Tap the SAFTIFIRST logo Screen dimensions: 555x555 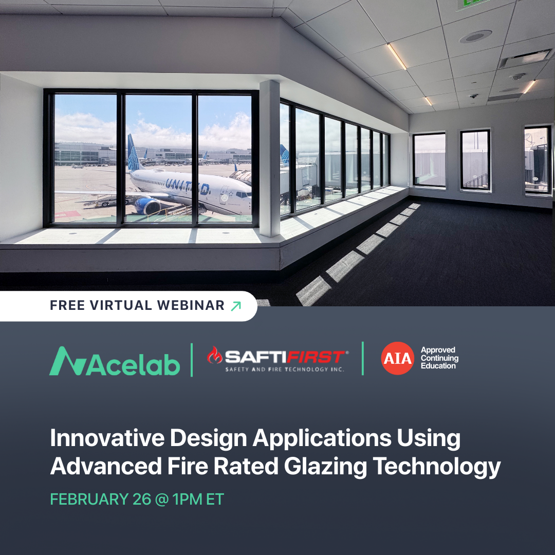[277, 358]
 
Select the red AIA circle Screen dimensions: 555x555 [397, 358]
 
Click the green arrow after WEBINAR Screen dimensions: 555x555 [236, 306]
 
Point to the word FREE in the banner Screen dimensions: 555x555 [67, 306]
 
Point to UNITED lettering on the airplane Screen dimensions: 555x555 [188, 187]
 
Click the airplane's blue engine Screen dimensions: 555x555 [147, 206]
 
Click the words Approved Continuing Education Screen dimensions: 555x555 [439, 358]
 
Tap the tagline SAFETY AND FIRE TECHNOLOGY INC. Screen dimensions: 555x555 [285, 369]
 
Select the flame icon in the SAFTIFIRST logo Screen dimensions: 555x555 [214, 355]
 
